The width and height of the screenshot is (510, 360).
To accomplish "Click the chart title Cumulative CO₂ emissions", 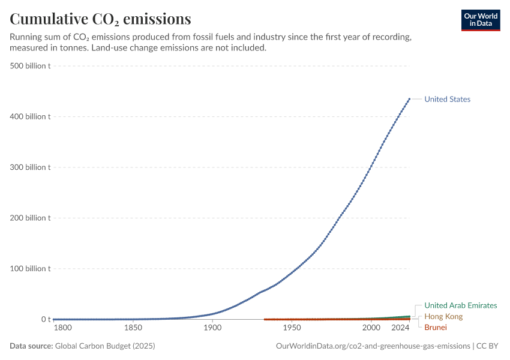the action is point(100,19).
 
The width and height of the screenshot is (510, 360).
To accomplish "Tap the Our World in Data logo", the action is point(481,20).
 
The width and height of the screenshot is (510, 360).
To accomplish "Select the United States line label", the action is point(447,99).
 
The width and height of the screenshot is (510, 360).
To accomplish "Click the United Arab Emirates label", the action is point(461,305).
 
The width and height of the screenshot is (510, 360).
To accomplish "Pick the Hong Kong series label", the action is point(443,316).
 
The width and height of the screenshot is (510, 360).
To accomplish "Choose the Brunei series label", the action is point(436,327).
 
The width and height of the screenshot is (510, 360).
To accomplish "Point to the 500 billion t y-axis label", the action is point(30,65).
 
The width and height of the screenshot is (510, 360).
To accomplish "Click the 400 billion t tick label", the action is point(30,116).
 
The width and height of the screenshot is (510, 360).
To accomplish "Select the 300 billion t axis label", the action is point(30,167).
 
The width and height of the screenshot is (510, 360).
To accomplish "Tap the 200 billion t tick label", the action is point(30,218).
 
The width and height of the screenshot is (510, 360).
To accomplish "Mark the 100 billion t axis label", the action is point(30,269).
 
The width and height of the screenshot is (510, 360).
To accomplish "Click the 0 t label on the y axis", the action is point(46,319).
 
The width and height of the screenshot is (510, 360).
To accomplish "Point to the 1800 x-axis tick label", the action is point(63,328).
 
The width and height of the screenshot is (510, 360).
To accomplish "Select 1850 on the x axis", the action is point(133,328).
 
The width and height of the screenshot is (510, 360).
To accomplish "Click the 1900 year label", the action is point(212,328).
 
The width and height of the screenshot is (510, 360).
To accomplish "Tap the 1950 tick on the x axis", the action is point(292,328).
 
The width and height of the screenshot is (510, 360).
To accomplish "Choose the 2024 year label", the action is point(400,328).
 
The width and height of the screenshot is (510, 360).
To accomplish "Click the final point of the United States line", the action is point(409,99).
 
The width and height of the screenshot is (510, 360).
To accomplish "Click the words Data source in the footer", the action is point(31,346).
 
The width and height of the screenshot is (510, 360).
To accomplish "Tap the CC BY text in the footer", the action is point(487,346).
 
